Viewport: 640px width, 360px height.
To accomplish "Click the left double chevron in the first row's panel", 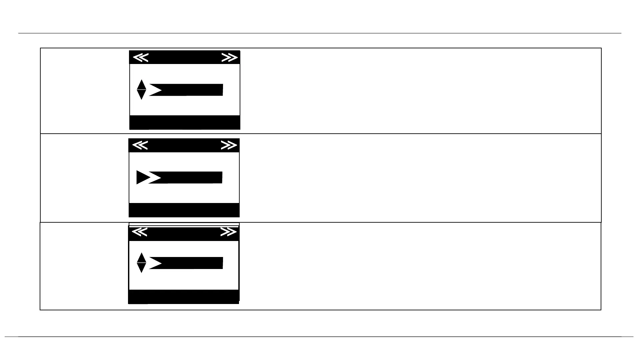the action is [x=141, y=58].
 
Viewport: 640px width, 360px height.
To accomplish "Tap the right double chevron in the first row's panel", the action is [x=229, y=58].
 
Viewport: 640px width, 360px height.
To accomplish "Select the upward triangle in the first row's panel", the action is [x=141, y=85].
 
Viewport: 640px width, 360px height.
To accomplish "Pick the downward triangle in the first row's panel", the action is [x=141, y=95].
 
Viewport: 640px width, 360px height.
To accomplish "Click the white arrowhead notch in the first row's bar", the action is [x=154, y=90].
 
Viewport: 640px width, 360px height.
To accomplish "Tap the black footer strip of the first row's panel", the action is [x=185, y=122].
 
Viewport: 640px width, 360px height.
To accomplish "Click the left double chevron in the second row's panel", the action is [x=140, y=145].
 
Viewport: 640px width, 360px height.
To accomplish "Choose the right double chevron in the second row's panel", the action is [x=229, y=145].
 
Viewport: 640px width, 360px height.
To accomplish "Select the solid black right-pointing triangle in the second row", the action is [x=142, y=177].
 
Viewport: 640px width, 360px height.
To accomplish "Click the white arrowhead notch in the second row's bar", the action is [x=154, y=178].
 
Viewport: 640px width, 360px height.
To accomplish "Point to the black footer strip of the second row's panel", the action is [x=184, y=210].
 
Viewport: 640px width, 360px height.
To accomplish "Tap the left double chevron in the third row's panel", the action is [x=140, y=232].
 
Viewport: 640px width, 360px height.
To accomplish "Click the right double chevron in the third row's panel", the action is [x=228, y=232].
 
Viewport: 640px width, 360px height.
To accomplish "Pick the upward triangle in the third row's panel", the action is [x=141, y=258].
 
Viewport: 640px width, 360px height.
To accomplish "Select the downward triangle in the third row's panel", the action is [x=141, y=268].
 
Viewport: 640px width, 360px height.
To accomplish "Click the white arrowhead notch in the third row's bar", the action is [x=154, y=263].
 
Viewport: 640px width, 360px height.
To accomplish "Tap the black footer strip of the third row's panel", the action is [x=184, y=297].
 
